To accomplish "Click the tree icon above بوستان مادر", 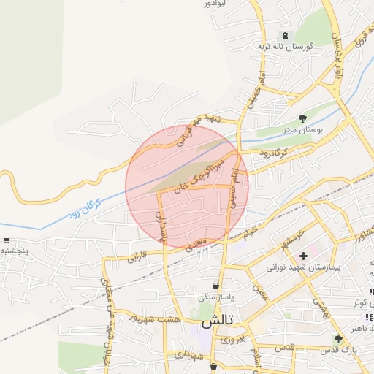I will click(x=303, y=118).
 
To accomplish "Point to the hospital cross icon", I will click(x=303, y=256).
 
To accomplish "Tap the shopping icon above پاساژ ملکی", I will click(x=216, y=286).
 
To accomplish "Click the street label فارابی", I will click(x=137, y=257).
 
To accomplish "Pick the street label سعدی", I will click(x=197, y=244).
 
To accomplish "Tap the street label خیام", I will click(x=251, y=230).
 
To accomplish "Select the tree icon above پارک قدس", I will click(x=337, y=340).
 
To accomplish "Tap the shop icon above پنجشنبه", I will click(x=7, y=240).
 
